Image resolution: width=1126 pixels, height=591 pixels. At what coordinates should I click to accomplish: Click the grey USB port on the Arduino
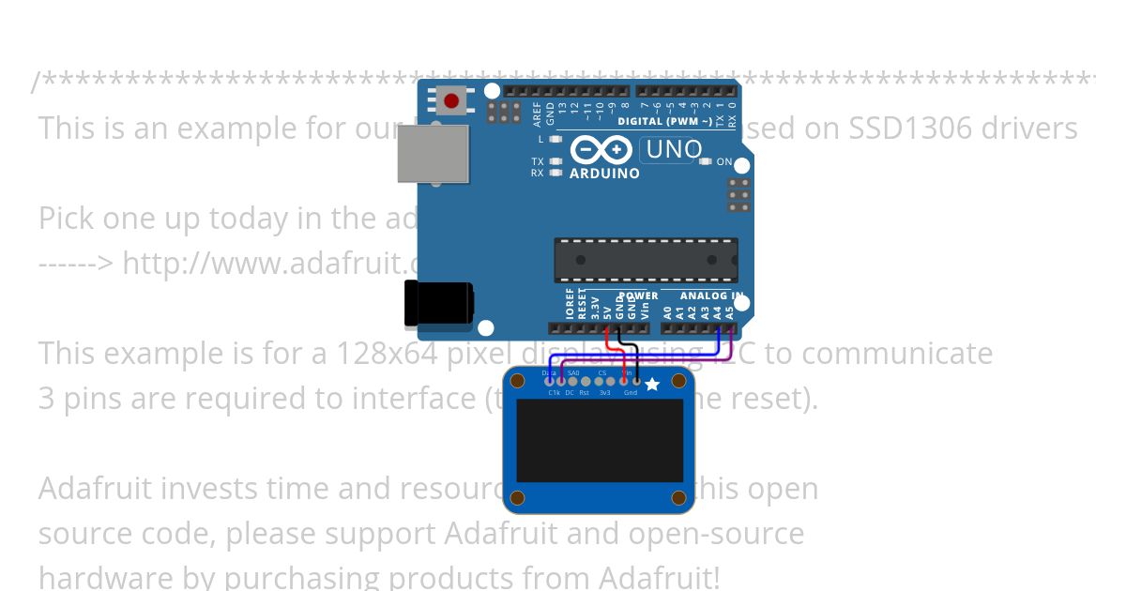coord(433,154)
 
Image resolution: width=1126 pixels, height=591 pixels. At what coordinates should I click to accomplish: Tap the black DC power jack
coord(438,304)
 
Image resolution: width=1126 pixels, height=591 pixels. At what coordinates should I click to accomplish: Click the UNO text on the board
coord(673,149)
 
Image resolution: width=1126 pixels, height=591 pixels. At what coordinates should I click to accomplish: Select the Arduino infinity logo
coord(601,150)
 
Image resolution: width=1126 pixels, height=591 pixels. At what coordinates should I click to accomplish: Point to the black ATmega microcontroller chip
coord(646,260)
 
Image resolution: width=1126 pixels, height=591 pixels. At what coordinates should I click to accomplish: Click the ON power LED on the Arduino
coord(706,161)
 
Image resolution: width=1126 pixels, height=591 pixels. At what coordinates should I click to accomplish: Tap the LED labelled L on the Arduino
coord(555,139)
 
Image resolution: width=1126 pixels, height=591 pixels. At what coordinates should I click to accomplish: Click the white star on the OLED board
coord(652,383)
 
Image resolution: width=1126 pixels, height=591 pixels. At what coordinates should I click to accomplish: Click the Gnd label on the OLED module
coord(631,392)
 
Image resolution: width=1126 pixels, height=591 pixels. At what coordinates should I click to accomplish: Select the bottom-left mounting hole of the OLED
coord(517,497)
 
